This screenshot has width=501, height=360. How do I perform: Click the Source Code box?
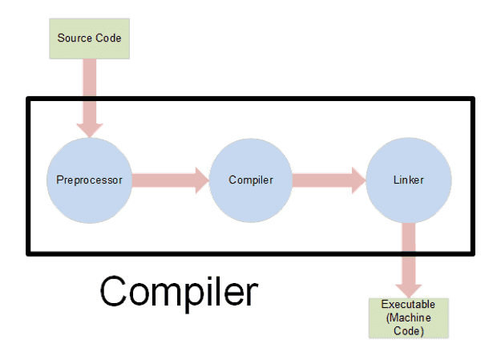click(x=89, y=38)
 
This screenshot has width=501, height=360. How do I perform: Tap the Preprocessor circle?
click(x=89, y=180)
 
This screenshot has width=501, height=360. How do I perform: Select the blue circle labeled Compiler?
click(x=250, y=180)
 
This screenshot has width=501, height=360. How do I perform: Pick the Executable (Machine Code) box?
click(x=410, y=318)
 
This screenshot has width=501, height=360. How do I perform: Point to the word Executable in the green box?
click(x=410, y=305)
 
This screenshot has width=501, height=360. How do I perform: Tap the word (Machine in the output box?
click(x=410, y=318)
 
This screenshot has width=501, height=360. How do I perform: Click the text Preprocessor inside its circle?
click(x=89, y=180)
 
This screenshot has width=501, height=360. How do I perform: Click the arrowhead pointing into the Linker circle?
click(x=358, y=180)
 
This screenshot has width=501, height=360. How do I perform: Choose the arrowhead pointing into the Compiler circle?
click(x=198, y=180)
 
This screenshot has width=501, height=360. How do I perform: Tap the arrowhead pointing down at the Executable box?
click(x=410, y=286)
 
